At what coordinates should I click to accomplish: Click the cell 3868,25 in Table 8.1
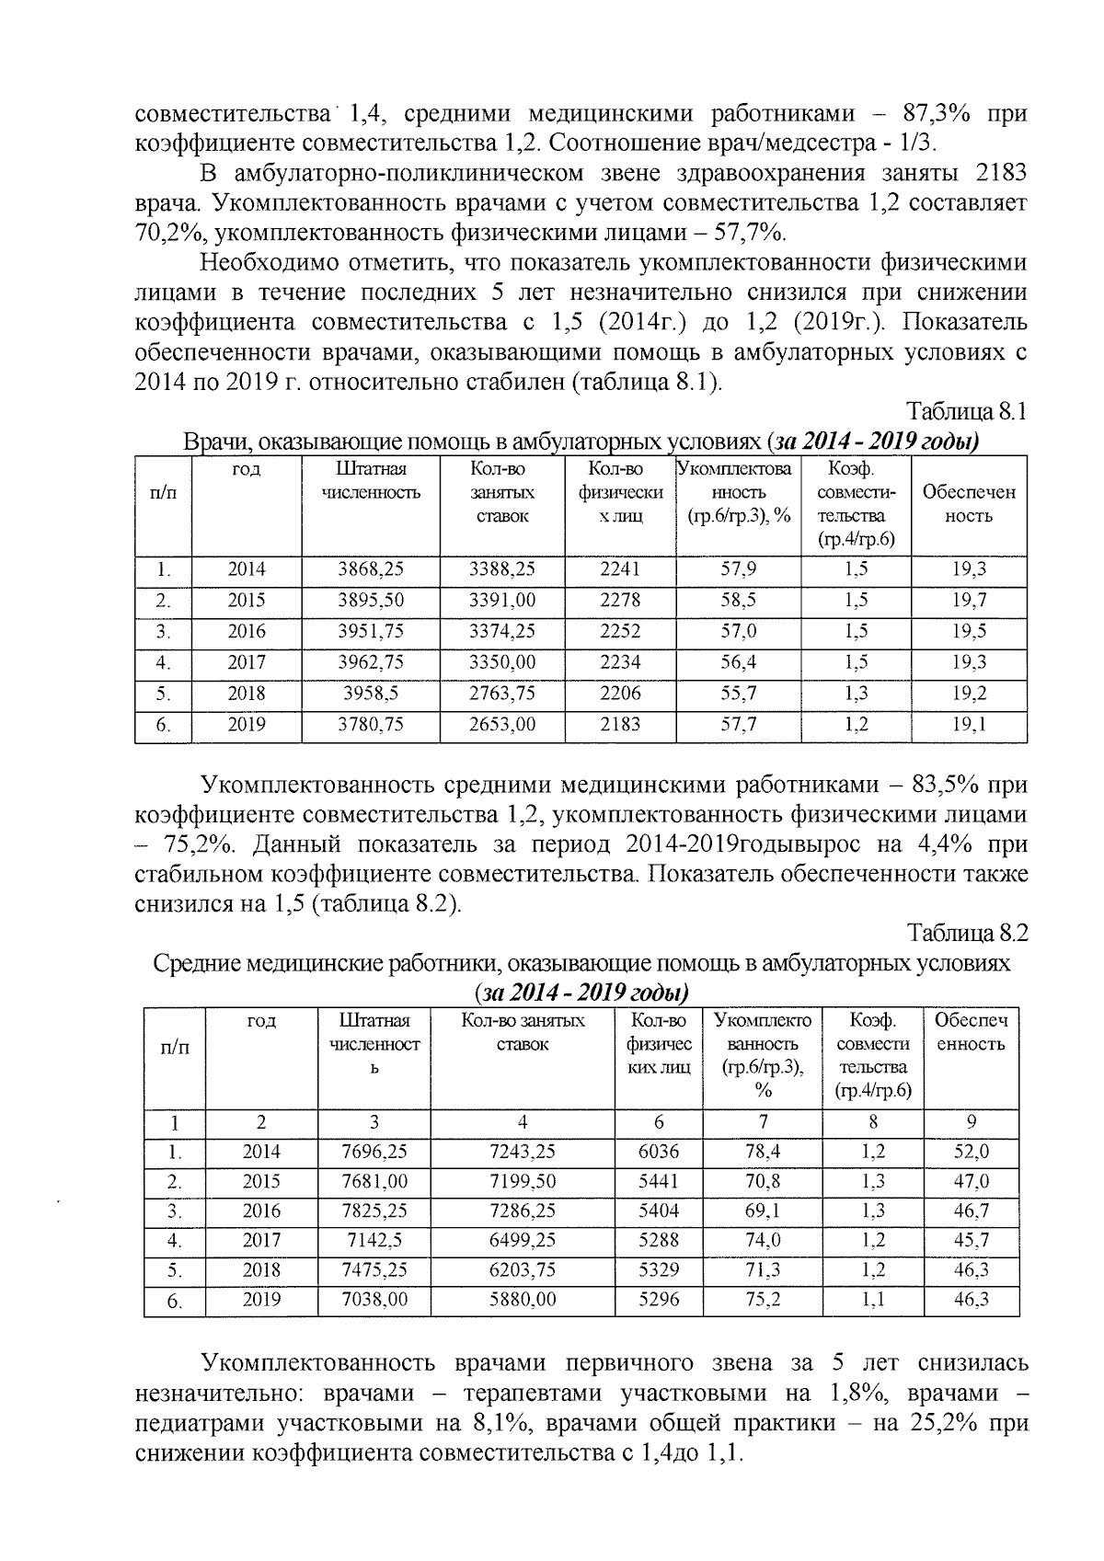(x=371, y=569)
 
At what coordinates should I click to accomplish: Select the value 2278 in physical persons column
(x=619, y=601)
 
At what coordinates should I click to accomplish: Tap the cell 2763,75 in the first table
(x=502, y=694)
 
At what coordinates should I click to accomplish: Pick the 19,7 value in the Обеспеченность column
(x=969, y=601)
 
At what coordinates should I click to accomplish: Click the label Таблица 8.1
(x=966, y=411)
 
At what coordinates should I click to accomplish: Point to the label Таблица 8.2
(x=966, y=934)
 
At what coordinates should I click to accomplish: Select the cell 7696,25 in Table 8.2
(x=374, y=1152)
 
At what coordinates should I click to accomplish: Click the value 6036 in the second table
(x=659, y=1152)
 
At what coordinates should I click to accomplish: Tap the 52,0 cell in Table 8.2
(x=972, y=1152)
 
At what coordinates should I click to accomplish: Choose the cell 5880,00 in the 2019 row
(x=522, y=1300)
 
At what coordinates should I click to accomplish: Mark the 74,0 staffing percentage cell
(x=764, y=1240)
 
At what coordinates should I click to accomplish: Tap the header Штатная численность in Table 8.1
(x=371, y=480)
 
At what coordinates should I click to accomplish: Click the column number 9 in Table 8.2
(x=972, y=1122)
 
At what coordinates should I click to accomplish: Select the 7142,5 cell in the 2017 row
(x=374, y=1240)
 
